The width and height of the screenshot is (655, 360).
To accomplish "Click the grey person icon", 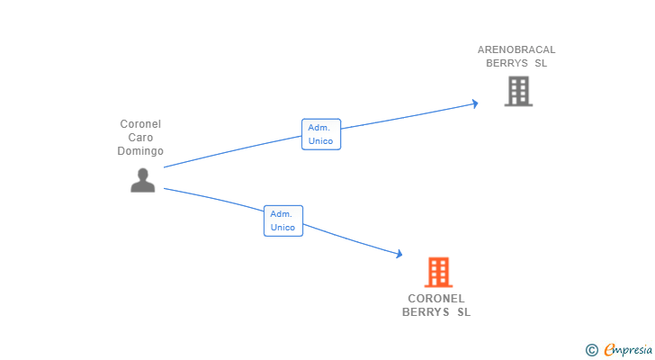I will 142,181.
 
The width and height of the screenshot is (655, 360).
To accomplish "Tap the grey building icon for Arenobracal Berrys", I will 517,91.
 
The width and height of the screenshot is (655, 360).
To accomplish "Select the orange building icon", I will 438,272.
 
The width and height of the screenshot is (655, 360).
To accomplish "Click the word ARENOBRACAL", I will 516,49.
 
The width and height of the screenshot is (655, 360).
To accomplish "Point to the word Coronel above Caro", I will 140,124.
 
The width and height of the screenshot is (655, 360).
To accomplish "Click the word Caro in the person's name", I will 140,138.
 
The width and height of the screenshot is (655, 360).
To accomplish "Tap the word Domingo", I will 140,151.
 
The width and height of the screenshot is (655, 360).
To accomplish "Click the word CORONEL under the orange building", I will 436,299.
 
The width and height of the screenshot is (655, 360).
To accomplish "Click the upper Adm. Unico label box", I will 320,134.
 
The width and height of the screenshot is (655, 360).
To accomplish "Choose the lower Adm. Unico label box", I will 283,220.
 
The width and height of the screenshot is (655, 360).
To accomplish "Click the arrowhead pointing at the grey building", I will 474,103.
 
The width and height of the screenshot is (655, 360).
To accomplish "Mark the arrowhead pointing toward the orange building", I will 399,256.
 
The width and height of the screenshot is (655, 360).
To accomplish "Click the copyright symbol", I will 591,350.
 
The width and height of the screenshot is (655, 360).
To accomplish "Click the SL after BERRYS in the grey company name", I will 540,63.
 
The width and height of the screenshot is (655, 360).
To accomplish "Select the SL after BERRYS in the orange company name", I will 463,312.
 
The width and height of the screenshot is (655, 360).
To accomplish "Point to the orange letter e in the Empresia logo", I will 609,349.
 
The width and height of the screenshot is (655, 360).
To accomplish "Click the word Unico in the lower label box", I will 283,228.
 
